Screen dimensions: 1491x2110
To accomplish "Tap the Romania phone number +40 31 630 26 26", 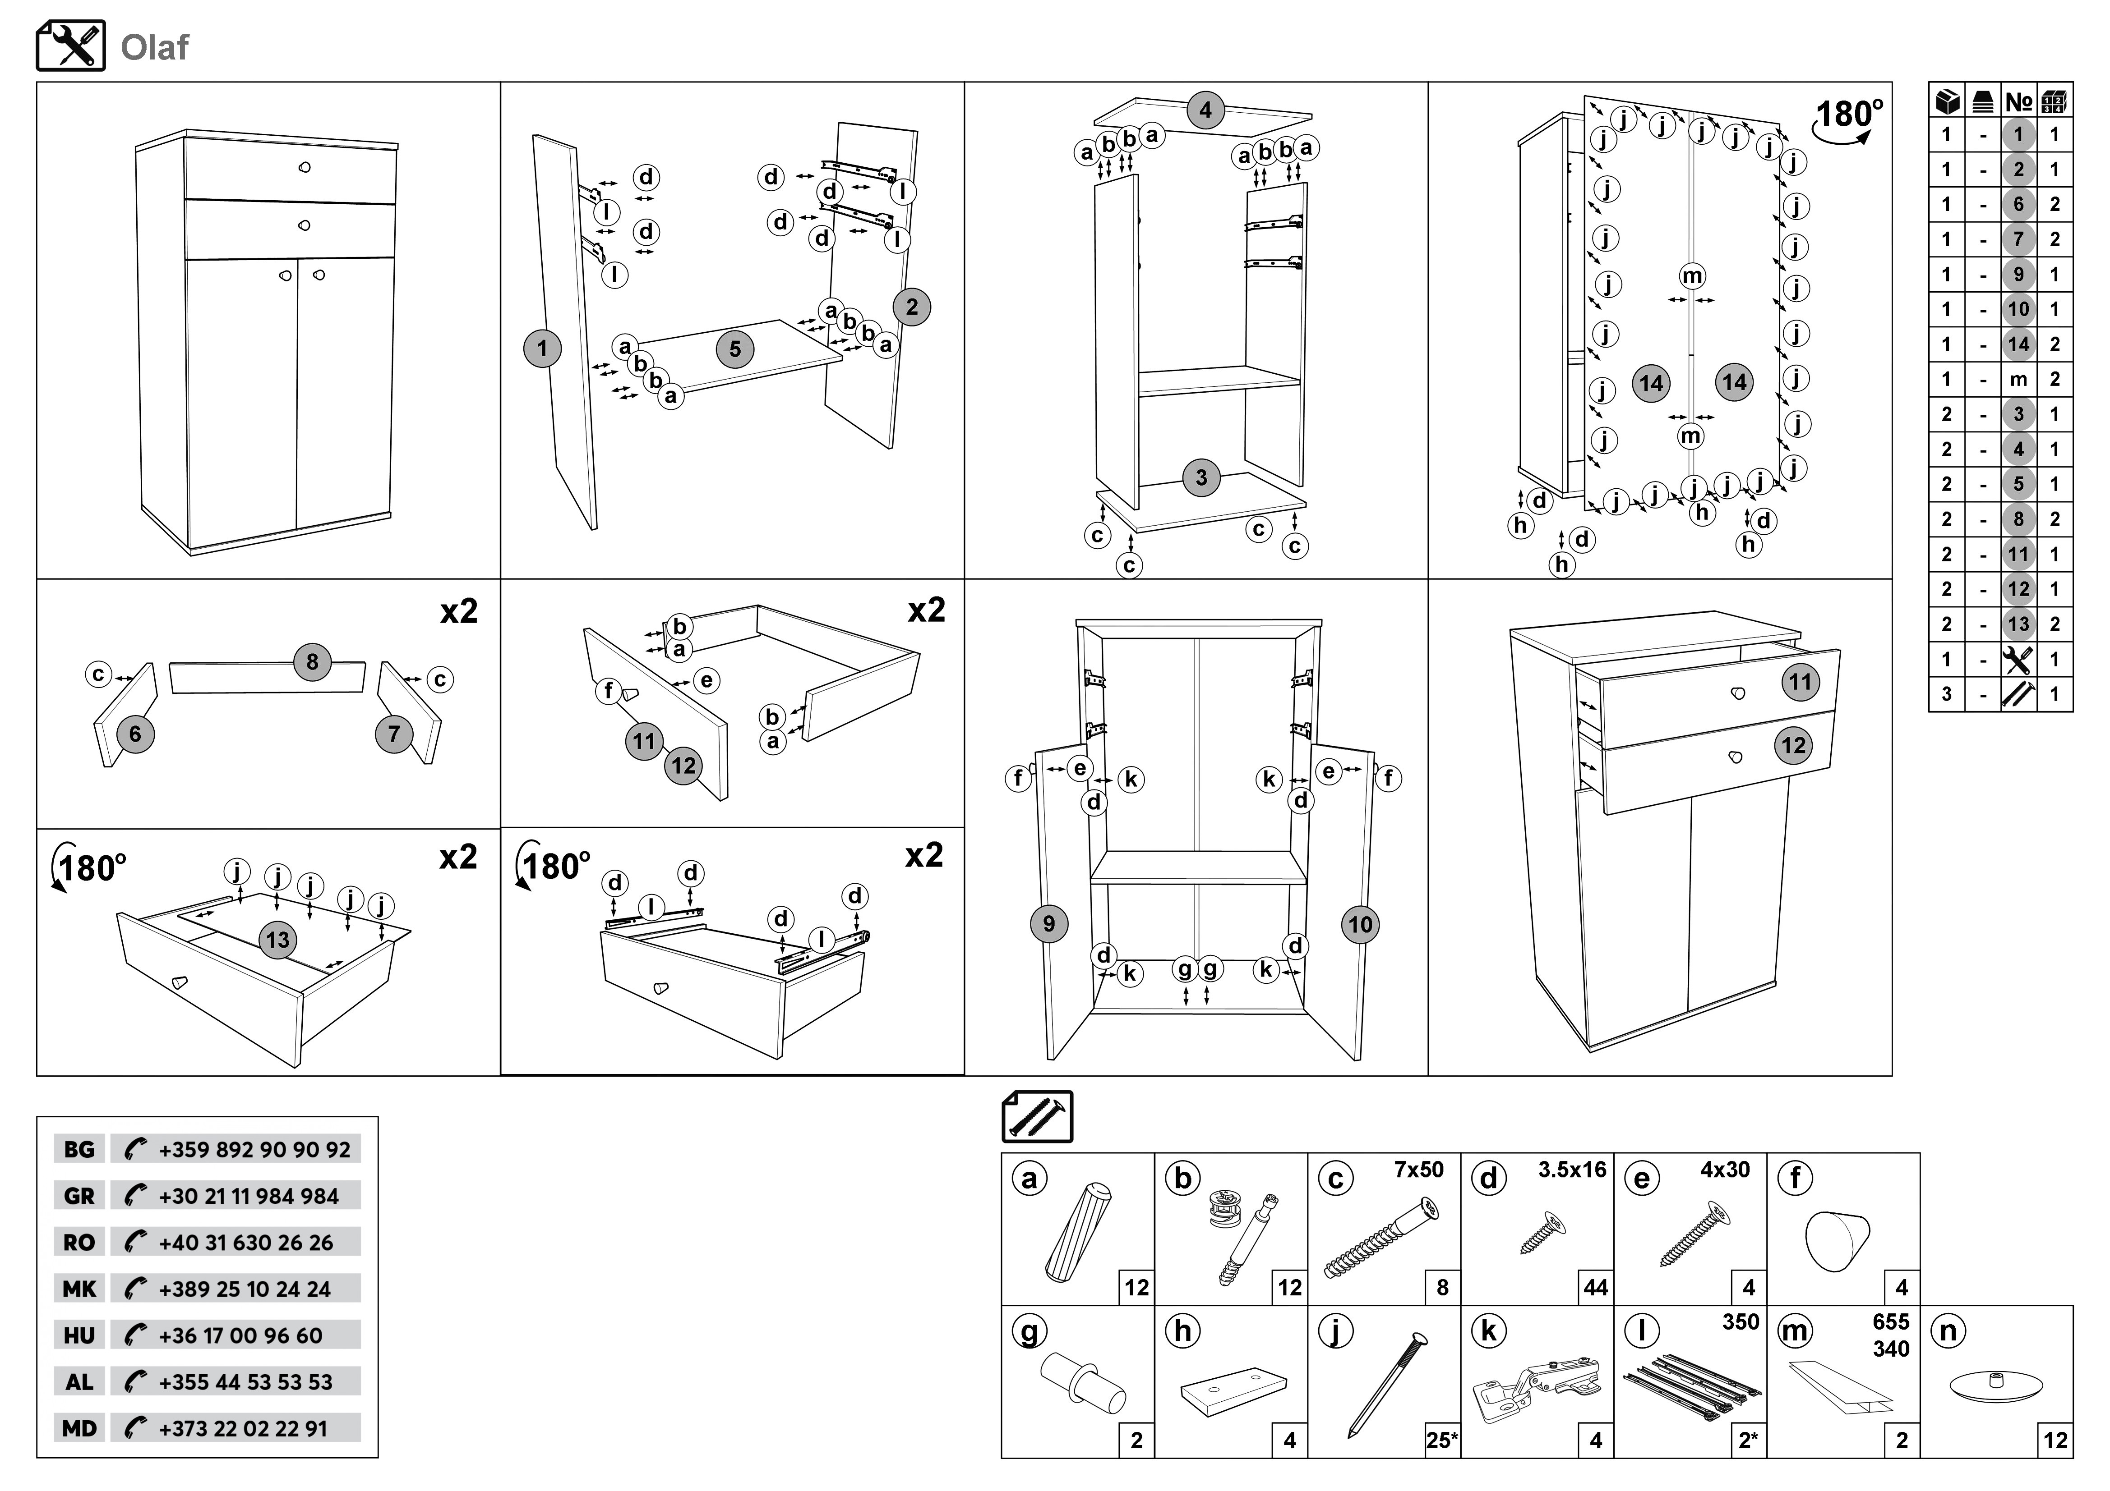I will (245, 1243).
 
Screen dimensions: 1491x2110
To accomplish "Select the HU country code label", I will (79, 1336).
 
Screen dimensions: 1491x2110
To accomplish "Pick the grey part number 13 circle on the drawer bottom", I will (277, 940).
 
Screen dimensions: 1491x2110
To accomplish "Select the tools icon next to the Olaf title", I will (71, 46).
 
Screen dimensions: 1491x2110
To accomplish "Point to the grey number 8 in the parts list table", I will (2018, 519).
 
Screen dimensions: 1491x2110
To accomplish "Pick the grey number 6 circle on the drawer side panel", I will (135, 734).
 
